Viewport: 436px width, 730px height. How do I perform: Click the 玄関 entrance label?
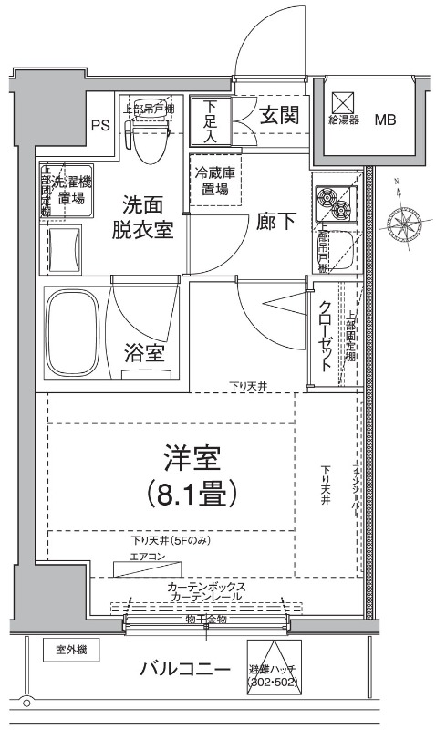click(278, 116)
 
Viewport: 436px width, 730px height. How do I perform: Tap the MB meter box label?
click(387, 120)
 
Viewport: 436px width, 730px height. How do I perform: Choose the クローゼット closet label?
click(327, 335)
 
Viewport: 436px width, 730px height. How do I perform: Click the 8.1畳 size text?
click(192, 494)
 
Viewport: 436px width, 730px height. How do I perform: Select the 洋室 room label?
click(192, 456)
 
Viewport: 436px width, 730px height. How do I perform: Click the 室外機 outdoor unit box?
click(70, 650)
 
